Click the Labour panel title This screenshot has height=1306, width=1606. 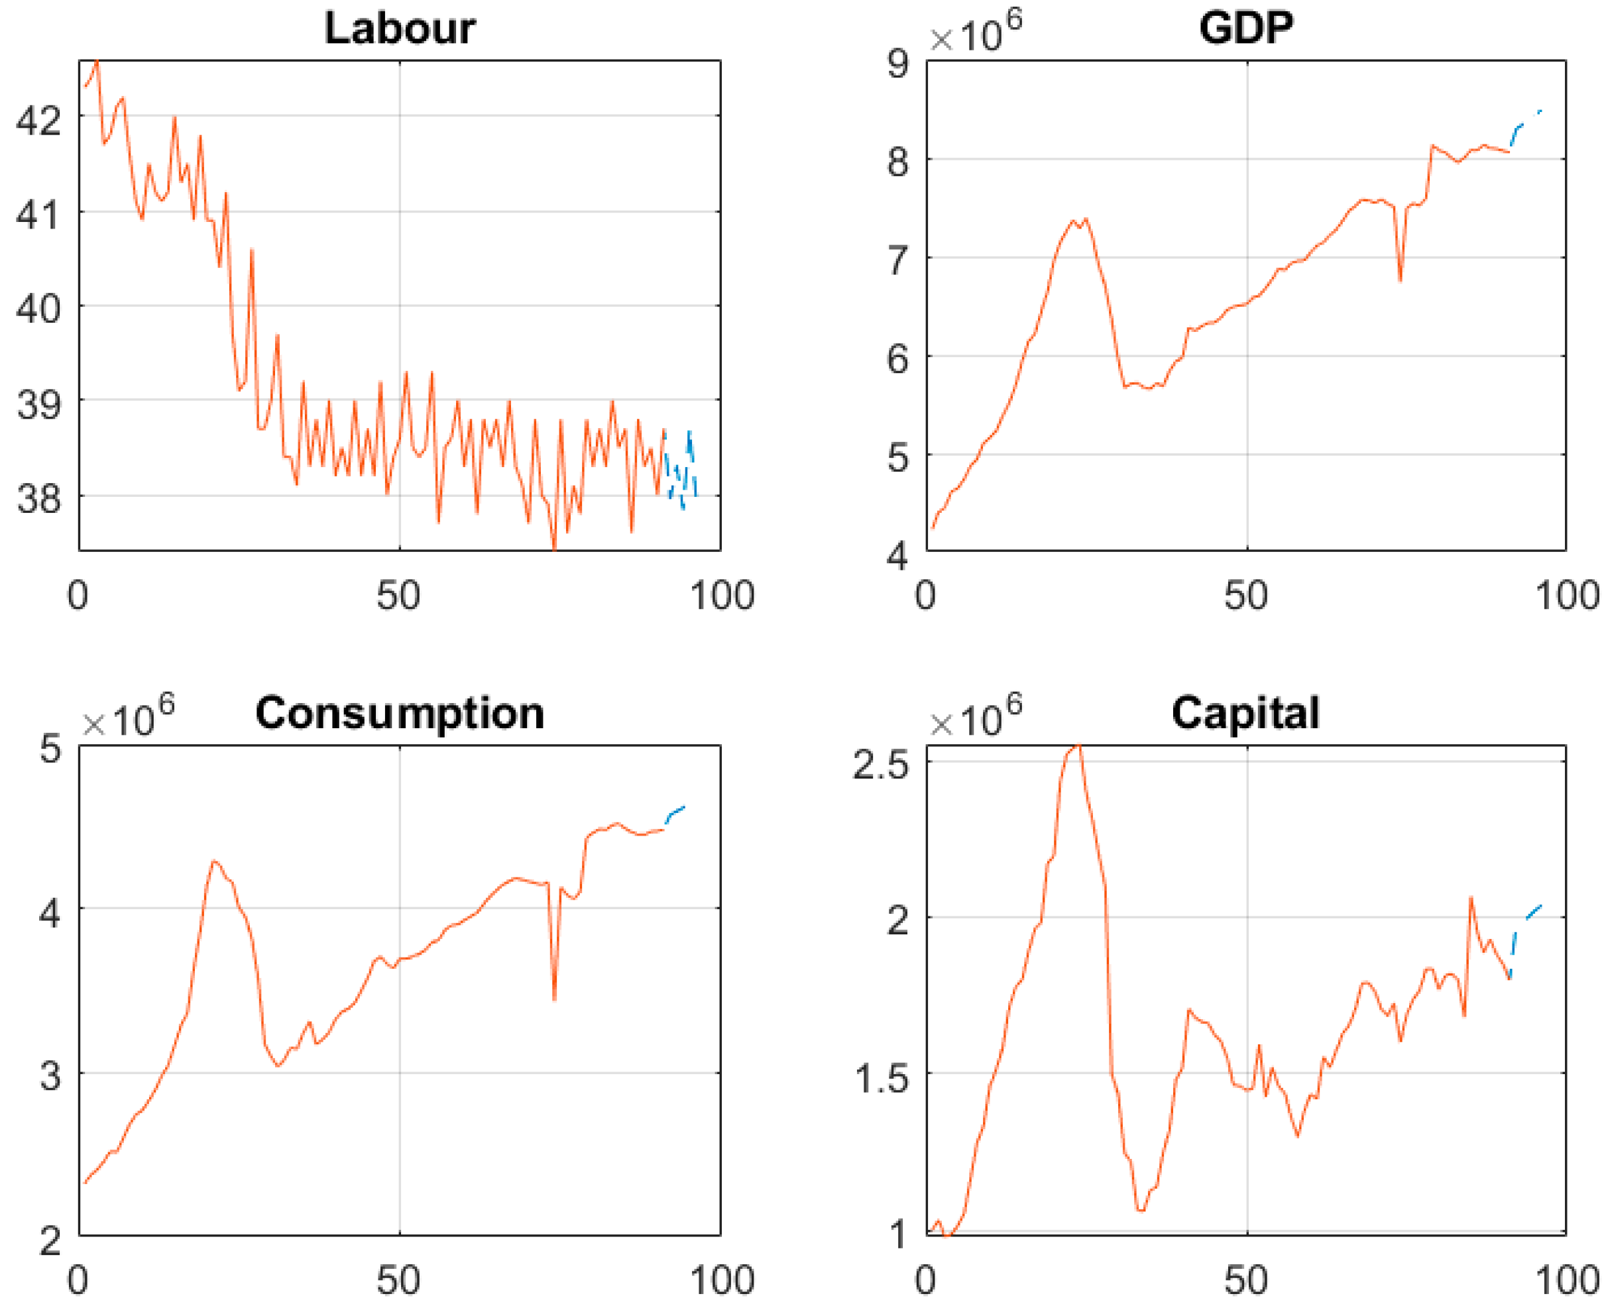(400, 28)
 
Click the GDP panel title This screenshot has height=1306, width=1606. (1245, 28)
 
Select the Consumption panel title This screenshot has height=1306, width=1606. (400, 713)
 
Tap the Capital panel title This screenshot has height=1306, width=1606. (1245, 713)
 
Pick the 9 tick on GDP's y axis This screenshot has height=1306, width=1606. (898, 63)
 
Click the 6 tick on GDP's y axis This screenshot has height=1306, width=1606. (898, 359)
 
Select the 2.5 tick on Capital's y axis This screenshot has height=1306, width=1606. (880, 765)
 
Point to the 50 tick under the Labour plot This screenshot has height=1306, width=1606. (398, 596)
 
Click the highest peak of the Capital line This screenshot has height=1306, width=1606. (1079, 746)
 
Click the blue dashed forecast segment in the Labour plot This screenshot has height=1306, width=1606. (681, 470)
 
